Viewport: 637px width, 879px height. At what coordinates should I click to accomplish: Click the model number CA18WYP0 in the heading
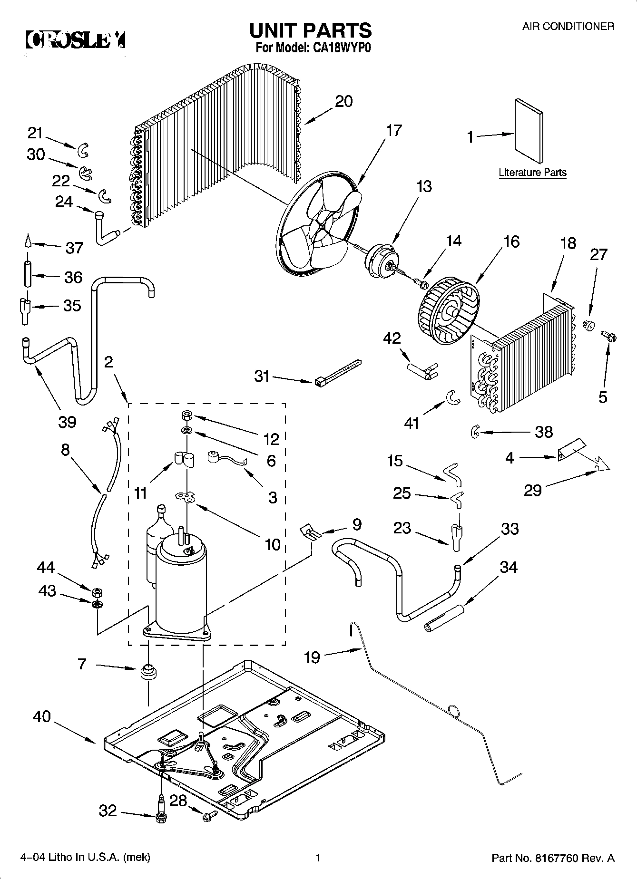click(340, 48)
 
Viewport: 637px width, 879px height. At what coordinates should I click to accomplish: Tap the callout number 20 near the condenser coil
click(343, 101)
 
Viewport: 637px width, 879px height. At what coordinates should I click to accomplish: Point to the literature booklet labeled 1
click(529, 131)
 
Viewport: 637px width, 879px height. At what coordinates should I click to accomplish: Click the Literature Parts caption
click(532, 173)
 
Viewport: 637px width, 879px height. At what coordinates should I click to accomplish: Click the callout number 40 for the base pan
click(42, 716)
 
